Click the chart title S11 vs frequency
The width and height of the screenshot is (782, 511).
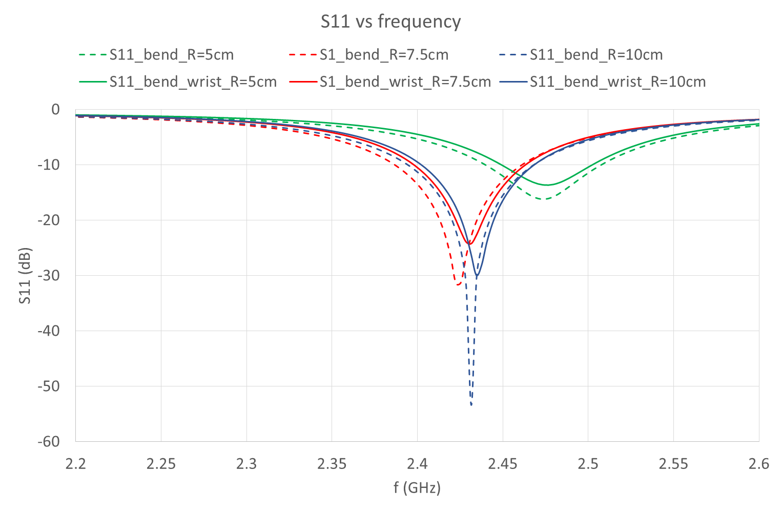coord(390,22)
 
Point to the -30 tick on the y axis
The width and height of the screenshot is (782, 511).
coord(49,276)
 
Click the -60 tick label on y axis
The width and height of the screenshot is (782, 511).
coord(49,442)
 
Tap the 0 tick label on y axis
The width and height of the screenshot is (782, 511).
coord(55,110)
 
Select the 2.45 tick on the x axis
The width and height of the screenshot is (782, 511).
coord(502,464)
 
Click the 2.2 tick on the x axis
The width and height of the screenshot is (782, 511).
coord(75,464)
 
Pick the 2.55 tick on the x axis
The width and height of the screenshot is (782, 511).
coord(673,464)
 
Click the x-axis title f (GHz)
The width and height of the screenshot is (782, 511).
coord(417,487)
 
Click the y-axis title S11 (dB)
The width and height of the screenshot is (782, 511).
coord(25,276)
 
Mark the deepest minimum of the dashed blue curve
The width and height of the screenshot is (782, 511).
coord(471,405)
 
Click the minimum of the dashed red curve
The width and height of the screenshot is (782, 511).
coord(458,284)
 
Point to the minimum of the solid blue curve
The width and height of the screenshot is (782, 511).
coord(477,277)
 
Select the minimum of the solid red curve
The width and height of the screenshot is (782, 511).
coord(469,243)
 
